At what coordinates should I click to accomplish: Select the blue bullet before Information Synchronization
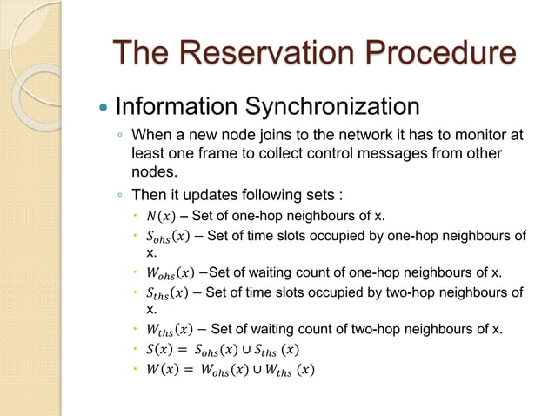102,108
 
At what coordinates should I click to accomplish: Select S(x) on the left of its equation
159,350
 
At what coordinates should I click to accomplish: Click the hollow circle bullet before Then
120,194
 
